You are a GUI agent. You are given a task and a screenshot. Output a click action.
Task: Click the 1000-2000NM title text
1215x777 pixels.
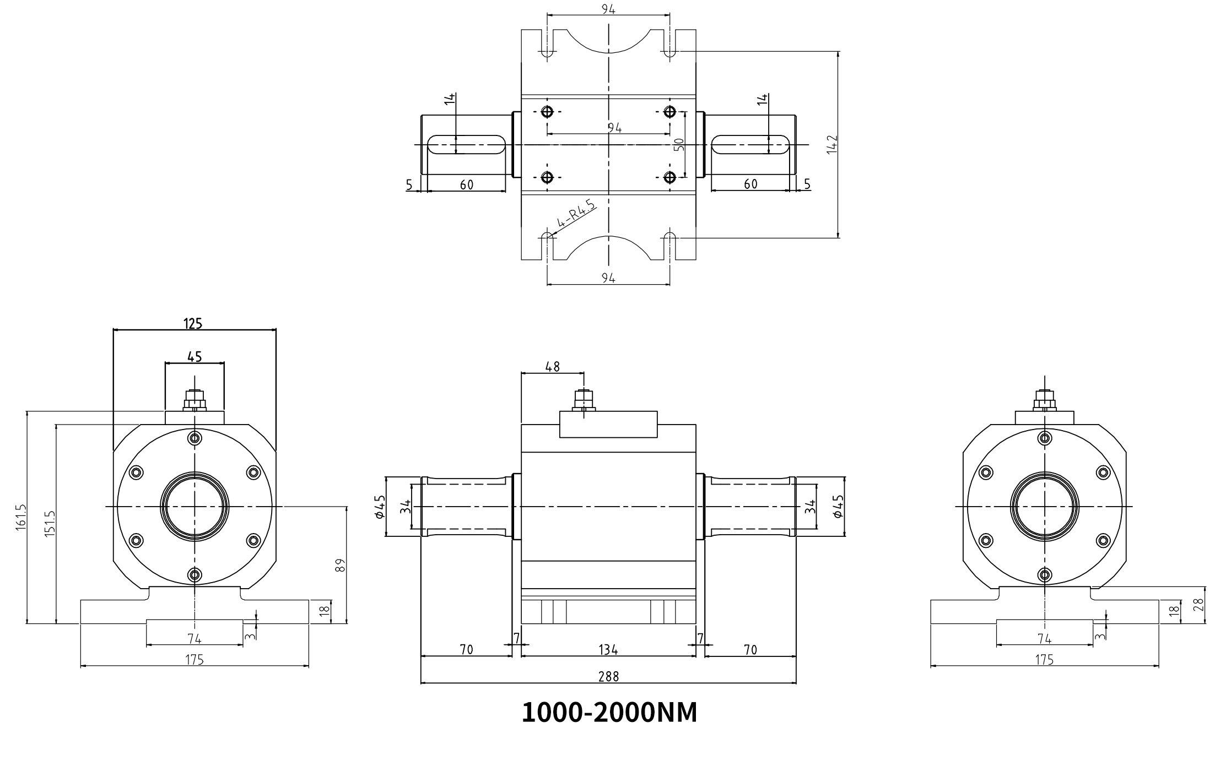609,713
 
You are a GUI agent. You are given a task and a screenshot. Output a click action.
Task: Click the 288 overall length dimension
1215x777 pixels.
608,677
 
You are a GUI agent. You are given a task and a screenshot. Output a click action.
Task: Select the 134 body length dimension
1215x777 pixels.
608,650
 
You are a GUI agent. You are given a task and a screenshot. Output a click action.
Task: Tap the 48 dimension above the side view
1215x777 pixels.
552,367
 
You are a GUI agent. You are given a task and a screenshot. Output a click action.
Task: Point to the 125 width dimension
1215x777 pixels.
193,324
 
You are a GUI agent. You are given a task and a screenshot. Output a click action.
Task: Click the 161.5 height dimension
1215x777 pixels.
21,517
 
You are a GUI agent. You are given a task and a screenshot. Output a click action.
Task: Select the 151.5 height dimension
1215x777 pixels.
50,524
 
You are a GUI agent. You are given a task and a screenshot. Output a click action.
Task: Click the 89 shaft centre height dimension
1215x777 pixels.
340,565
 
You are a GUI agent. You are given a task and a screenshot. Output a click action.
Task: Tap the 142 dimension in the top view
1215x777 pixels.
832,144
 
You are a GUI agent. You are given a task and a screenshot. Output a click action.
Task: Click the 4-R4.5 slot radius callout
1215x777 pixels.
576,214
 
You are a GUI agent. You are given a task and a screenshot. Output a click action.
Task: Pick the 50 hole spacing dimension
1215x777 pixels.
679,144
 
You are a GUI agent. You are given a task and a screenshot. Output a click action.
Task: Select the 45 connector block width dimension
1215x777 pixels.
195,357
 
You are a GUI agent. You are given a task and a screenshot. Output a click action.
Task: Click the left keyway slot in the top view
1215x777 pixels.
466,145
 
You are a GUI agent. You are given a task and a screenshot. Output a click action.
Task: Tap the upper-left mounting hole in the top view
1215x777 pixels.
547,112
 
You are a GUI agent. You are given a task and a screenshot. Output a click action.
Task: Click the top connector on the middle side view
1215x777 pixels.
584,400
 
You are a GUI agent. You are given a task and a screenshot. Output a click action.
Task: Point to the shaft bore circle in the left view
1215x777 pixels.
195,506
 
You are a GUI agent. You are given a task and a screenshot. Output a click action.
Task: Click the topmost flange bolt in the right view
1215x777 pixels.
1044,438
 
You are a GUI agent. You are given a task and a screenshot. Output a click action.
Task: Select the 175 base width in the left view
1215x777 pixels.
195,660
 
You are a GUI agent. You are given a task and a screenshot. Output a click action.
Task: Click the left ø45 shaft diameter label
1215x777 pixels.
380,507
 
